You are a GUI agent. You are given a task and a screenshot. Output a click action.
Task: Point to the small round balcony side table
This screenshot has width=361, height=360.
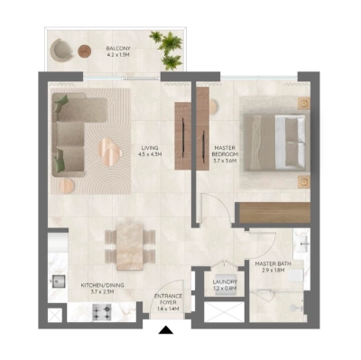[x=84, y=51]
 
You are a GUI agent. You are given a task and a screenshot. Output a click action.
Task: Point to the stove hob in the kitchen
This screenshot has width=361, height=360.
[x=99, y=313]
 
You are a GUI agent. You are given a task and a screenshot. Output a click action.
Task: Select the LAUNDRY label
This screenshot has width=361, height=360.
[x=225, y=285]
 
